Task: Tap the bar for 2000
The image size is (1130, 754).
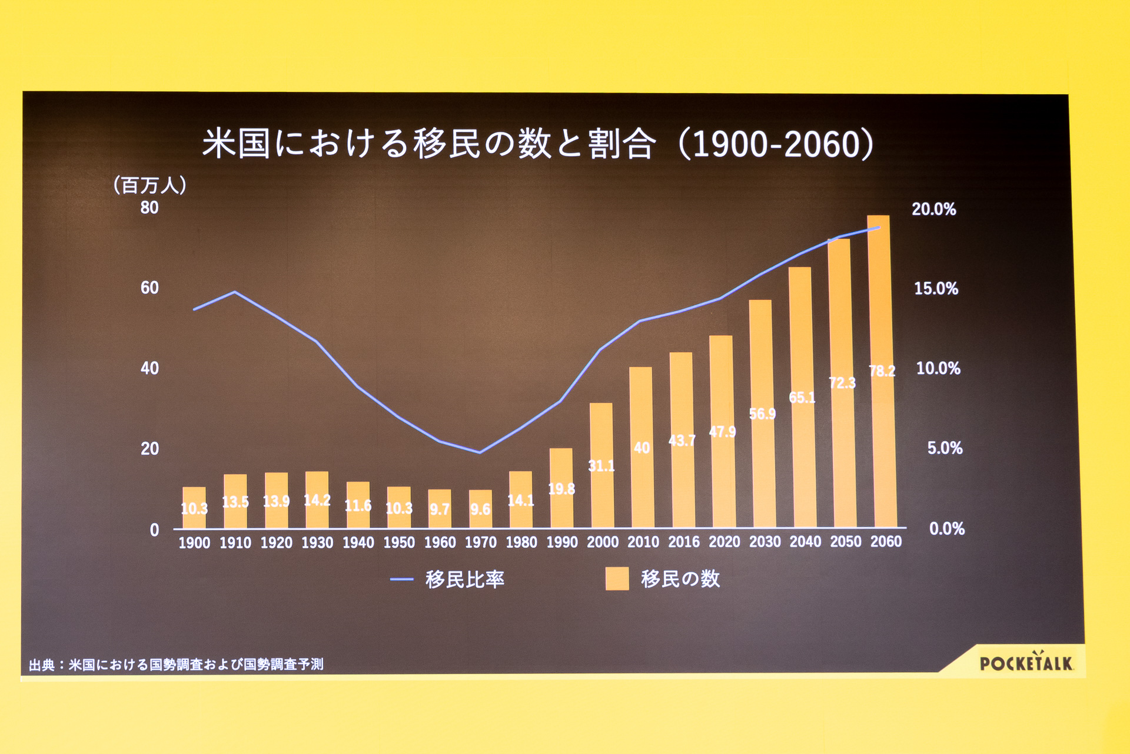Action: (x=601, y=465)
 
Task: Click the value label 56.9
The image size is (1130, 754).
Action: (x=762, y=414)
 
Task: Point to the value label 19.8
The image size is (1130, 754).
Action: (x=561, y=489)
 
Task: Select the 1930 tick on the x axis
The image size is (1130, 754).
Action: (x=317, y=543)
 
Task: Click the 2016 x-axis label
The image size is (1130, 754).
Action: (x=684, y=542)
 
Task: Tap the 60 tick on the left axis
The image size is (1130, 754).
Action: (x=149, y=287)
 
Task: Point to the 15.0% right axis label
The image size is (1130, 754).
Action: (x=936, y=288)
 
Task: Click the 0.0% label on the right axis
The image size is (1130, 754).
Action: (x=946, y=528)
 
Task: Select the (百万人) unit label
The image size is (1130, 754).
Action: (x=149, y=185)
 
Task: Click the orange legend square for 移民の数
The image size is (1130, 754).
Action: (x=617, y=578)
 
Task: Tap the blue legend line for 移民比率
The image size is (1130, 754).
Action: (x=401, y=579)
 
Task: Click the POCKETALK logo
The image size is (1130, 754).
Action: (x=1026, y=663)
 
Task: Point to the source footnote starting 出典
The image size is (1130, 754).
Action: (x=176, y=664)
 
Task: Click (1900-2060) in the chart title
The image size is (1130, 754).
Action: (x=776, y=144)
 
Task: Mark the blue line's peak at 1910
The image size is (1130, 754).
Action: (x=235, y=292)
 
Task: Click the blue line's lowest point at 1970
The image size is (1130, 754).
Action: (x=480, y=452)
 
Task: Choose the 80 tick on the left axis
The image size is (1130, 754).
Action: (x=149, y=207)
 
